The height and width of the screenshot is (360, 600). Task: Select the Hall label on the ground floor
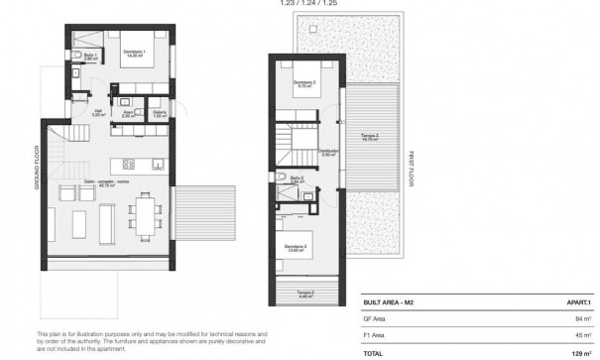click(99, 114)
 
